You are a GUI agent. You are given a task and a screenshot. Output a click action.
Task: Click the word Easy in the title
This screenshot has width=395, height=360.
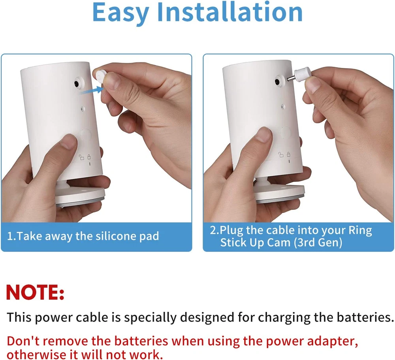pos(120,13)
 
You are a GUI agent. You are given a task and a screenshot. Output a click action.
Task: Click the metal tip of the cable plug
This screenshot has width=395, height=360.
pos(290,78)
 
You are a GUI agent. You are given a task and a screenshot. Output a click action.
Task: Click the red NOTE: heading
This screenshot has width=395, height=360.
pos(35,292)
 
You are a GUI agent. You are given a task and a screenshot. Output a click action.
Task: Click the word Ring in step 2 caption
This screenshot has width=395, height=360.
pos(360,231)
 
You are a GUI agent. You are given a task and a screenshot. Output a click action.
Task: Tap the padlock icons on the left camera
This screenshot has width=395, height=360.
pos(85,157)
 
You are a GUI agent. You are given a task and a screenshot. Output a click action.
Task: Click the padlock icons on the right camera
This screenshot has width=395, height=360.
pos(284,154)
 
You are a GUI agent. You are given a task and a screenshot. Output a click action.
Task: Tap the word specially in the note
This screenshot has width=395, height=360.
pos(150,318)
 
